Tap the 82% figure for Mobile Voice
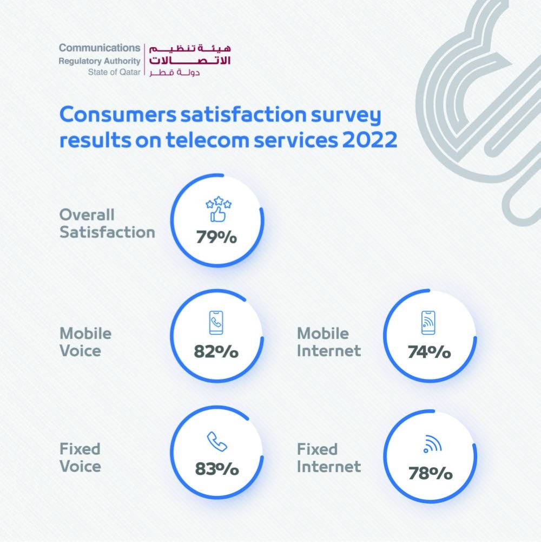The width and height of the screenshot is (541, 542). point(216,351)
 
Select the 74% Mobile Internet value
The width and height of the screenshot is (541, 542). point(429,352)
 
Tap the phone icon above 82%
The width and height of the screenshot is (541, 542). point(216,323)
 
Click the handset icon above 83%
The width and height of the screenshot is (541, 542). point(217,442)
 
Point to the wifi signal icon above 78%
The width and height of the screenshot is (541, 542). point(432,445)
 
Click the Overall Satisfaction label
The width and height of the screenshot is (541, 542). point(107,223)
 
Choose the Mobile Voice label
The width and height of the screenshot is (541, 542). point(85,342)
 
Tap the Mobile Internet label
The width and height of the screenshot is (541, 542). point(328,342)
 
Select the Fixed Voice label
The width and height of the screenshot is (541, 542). point(80,458)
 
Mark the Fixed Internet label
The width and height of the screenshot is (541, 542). point(328,458)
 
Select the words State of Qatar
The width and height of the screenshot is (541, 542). point(114,73)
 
